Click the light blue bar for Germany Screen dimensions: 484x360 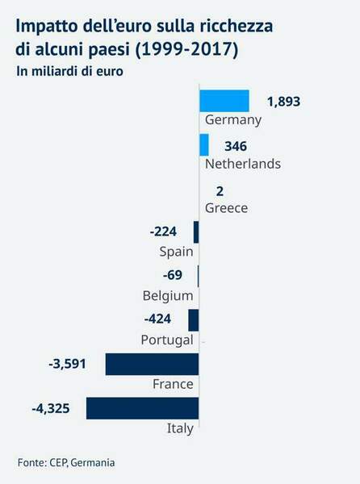coord(224,101)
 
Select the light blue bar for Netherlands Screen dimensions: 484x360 coord(203,145)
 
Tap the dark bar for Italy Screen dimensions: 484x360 coord(142,408)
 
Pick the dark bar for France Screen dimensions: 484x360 coord(152,364)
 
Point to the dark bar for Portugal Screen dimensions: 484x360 coord(193,320)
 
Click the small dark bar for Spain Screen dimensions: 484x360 coord(196,232)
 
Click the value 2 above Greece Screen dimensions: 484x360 coord(220,190)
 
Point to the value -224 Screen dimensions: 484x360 coord(163,232)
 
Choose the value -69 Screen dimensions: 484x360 coord(173,276)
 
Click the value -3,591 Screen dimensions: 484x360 coord(67,364)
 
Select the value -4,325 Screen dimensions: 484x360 coord(50,408)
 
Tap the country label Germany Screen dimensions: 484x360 coord(234,120)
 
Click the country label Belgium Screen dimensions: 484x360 coord(167,295)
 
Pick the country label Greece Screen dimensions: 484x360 coord(226,208)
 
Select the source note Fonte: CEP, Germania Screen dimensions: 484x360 coord(66,462)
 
